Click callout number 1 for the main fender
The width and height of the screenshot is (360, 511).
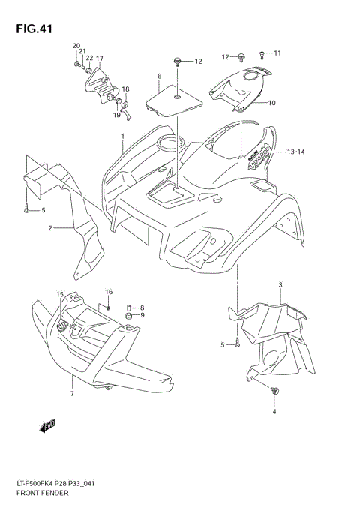point(121,137)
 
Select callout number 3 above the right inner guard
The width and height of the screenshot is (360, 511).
point(280,285)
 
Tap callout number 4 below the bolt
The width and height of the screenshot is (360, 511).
point(274,411)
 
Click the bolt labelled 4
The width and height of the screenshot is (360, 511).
point(273,391)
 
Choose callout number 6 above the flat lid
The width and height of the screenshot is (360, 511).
point(159,77)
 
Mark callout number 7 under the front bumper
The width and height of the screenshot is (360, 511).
point(72,393)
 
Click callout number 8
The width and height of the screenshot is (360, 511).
point(141,307)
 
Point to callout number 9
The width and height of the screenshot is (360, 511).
point(141,315)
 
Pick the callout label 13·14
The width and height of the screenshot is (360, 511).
point(296,152)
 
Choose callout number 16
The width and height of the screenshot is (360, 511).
point(109,291)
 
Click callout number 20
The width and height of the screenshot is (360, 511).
point(76,47)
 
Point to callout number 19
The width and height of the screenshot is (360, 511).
point(117,115)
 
